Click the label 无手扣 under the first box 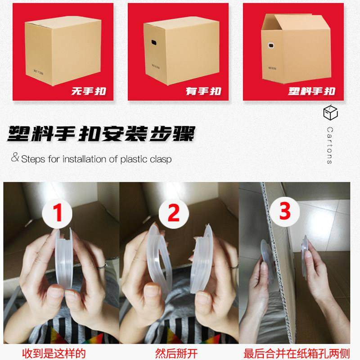tap(88, 91)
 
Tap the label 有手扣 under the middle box tap(203, 91)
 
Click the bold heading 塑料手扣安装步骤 tap(101, 134)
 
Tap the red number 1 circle tap(58, 212)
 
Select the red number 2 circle tap(173, 212)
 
